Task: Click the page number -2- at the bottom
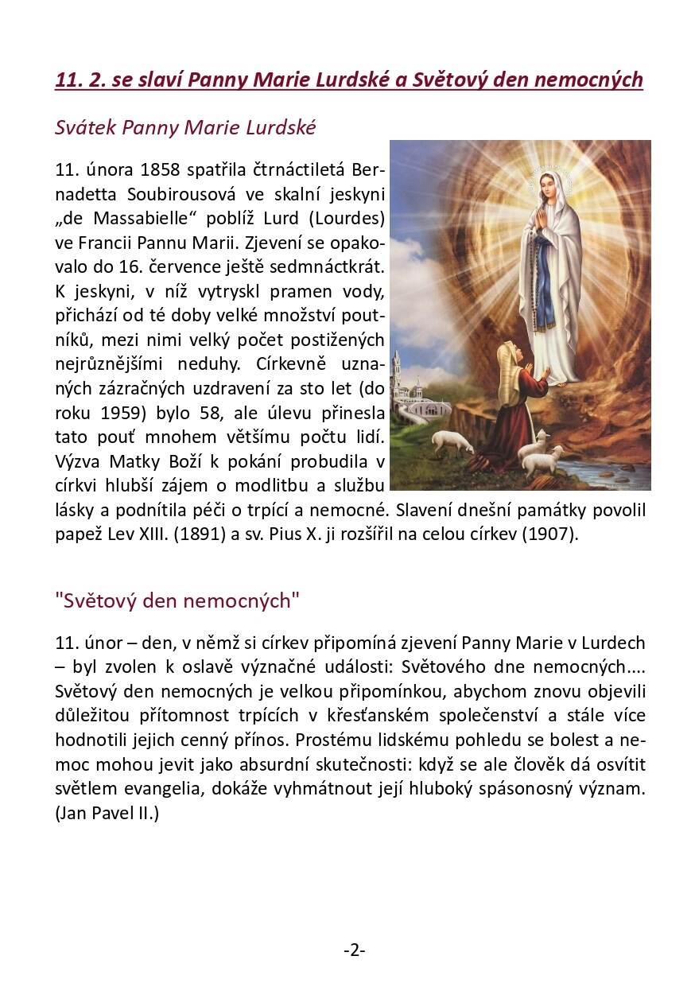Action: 354,950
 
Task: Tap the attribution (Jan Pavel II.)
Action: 107,814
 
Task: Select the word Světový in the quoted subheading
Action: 99,601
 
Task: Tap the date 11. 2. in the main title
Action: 79,80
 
